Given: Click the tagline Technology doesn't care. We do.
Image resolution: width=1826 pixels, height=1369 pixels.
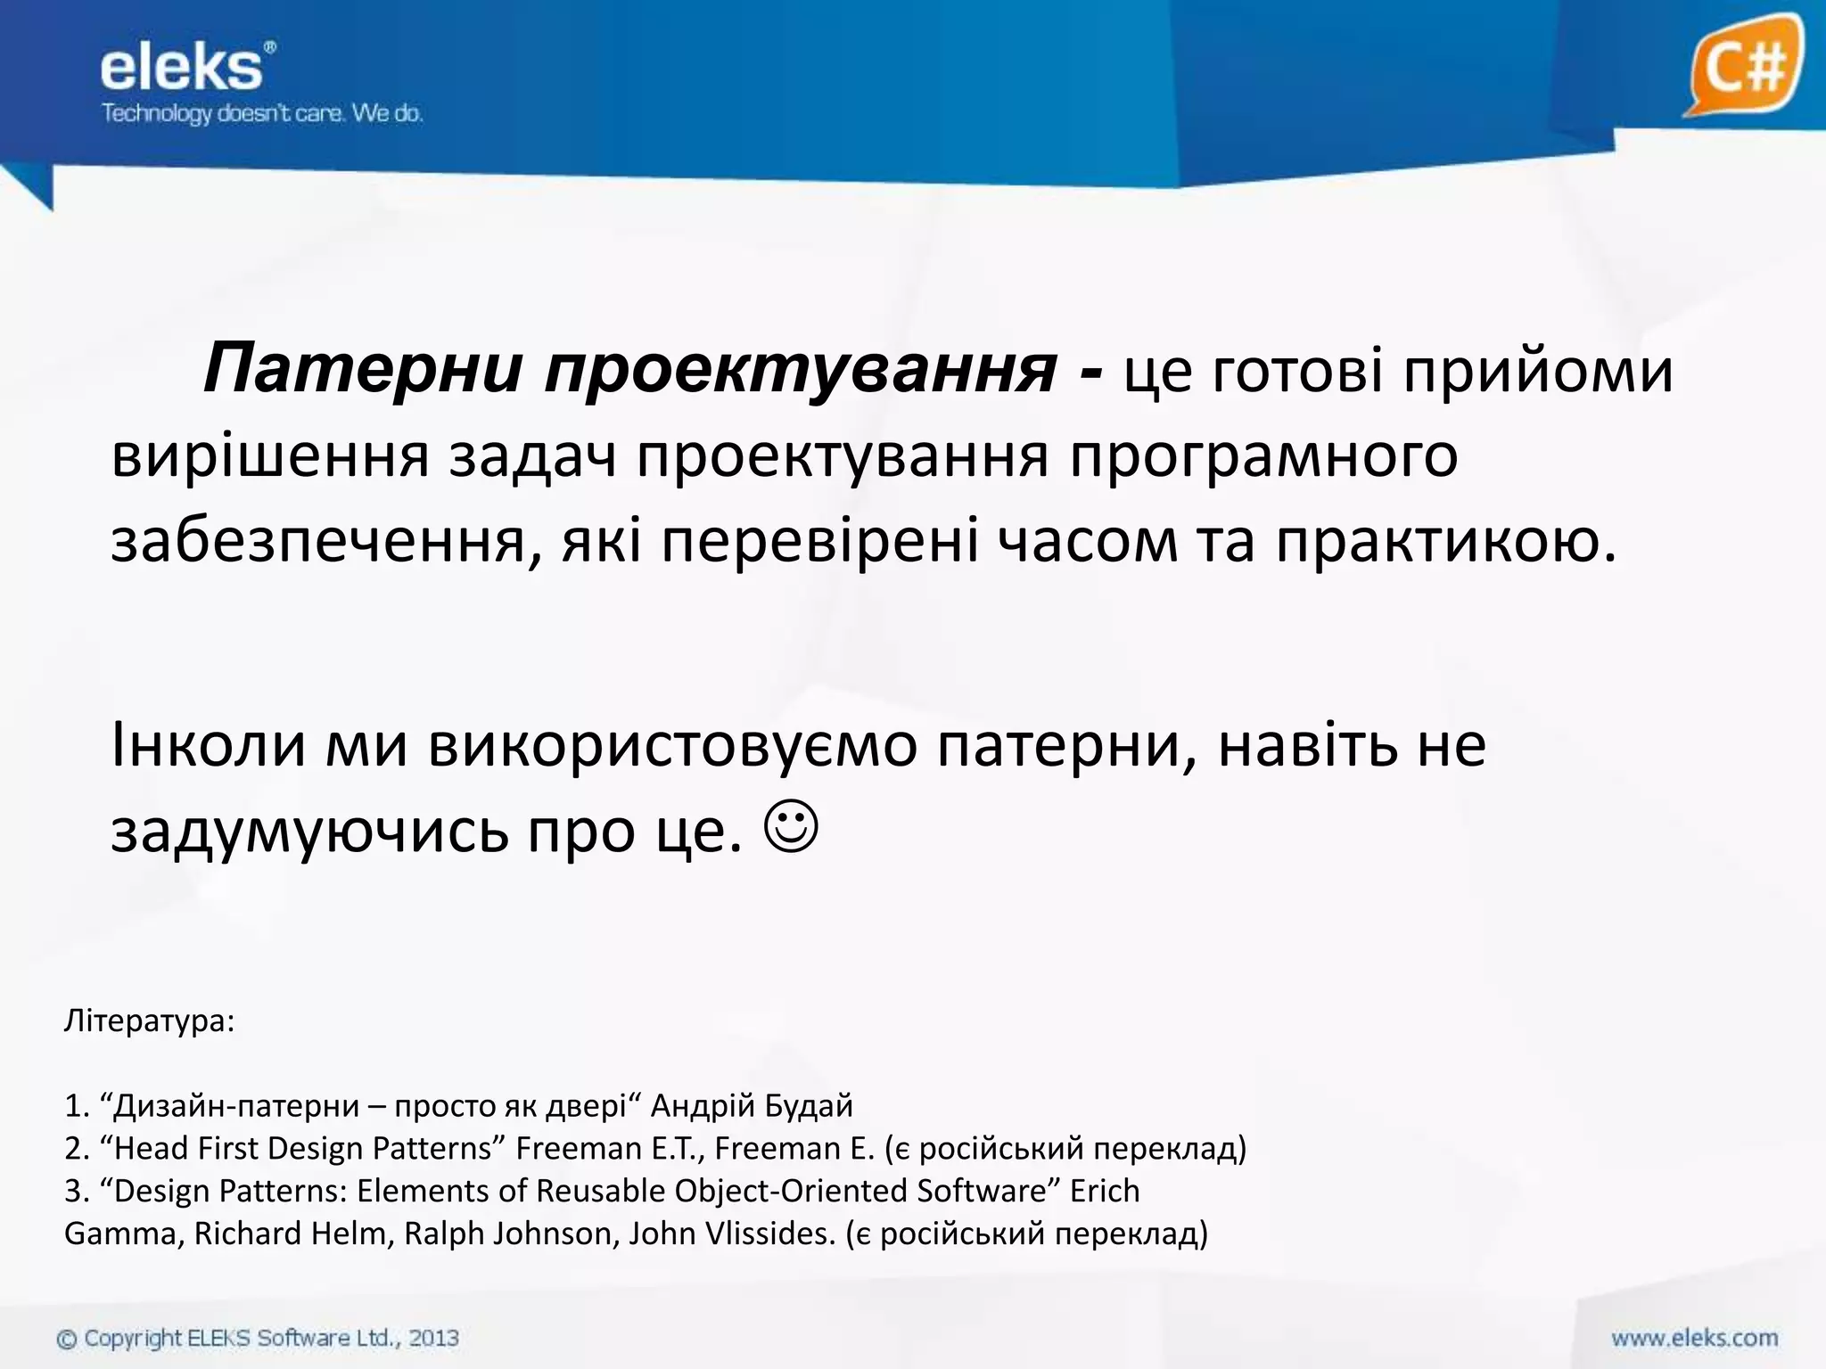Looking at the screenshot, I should (x=262, y=114).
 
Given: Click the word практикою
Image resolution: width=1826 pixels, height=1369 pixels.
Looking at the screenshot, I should (x=1445, y=542).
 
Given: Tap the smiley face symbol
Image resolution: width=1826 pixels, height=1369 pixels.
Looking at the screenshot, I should (x=791, y=829).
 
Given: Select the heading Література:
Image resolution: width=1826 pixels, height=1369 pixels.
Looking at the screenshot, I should (x=149, y=1021).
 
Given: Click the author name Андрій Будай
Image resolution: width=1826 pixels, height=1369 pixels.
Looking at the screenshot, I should (x=752, y=1106).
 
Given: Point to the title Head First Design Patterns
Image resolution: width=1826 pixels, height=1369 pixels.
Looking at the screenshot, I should (x=303, y=1148).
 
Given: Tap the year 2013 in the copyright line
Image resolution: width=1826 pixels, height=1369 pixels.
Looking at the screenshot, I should (x=434, y=1338).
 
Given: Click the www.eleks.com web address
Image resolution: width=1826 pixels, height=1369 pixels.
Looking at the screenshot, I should (x=1694, y=1338).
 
